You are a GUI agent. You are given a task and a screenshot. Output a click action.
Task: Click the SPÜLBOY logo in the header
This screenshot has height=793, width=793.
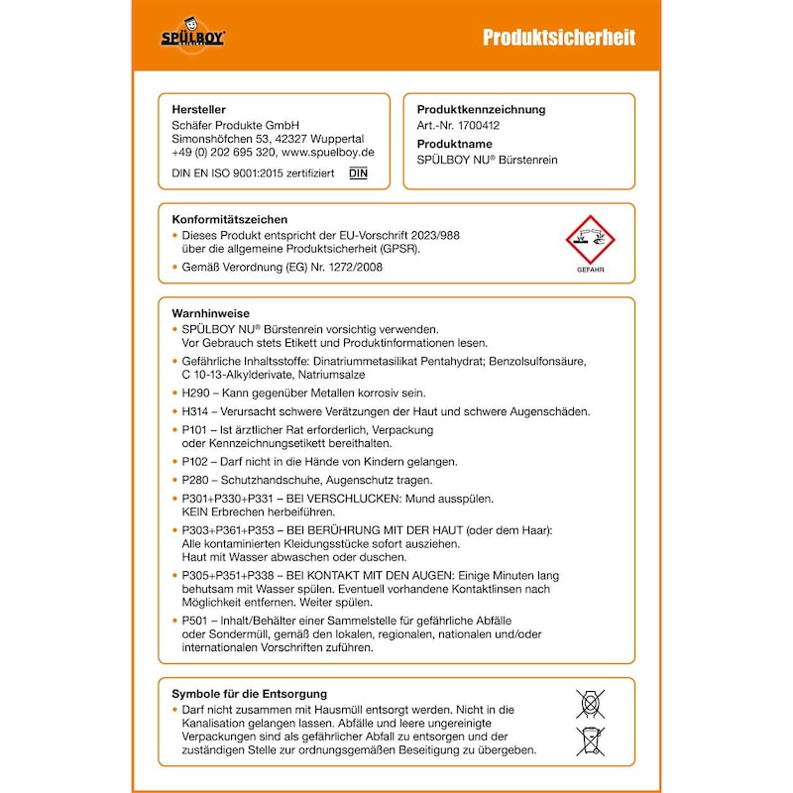(x=193, y=37)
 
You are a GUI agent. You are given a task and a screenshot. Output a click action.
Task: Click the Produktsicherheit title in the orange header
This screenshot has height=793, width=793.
(x=559, y=38)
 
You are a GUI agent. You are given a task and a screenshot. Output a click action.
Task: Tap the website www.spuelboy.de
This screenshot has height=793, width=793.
(x=327, y=154)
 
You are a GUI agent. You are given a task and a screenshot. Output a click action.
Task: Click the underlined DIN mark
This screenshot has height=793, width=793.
(x=358, y=173)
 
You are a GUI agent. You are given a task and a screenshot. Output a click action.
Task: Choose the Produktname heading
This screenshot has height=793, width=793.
(x=454, y=145)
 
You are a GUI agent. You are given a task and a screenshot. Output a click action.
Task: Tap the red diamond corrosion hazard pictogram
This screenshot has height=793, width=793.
(x=590, y=241)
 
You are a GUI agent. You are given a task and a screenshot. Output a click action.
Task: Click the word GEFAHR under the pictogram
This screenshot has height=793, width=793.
(x=590, y=270)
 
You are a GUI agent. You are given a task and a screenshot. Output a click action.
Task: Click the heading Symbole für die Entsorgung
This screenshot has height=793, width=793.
(x=250, y=694)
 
